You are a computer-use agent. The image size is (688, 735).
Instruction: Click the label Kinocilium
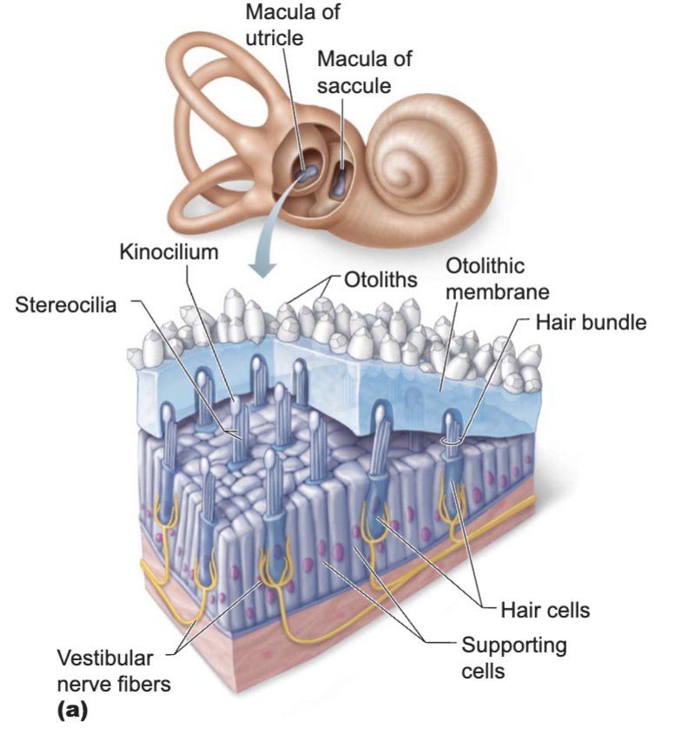[x=169, y=252]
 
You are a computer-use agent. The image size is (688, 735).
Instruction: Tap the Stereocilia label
[x=66, y=305]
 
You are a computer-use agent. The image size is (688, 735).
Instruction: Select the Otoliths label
[x=380, y=280]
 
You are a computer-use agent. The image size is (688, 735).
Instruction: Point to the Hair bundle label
[x=591, y=322]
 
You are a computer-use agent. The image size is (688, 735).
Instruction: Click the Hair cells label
[x=545, y=610]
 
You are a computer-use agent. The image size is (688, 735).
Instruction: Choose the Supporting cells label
[x=514, y=658]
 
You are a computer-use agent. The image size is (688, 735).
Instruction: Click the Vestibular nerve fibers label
[x=114, y=672]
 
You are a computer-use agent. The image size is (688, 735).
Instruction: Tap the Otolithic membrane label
[x=497, y=279]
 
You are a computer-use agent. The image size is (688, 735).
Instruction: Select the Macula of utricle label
[x=293, y=25]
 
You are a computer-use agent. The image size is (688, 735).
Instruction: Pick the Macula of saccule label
[x=365, y=73]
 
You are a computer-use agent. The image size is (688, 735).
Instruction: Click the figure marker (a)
[x=72, y=711]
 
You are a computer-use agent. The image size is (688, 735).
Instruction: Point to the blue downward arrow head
[x=262, y=268]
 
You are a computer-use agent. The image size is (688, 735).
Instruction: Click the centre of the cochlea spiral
[x=412, y=175]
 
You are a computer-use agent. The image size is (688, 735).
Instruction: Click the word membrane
[x=497, y=292]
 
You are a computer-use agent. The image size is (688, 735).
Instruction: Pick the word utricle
[x=275, y=38]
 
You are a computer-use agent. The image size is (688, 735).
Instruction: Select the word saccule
[x=354, y=86]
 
